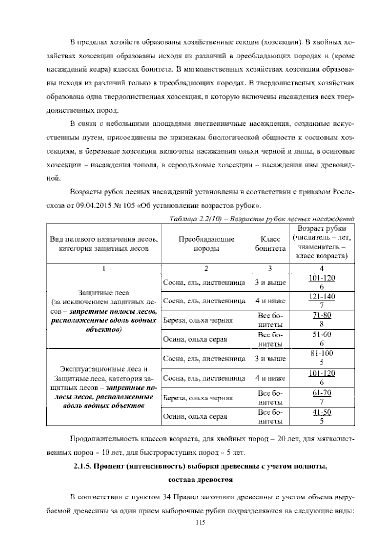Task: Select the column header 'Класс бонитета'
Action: (270, 244)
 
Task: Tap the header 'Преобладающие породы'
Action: (206, 244)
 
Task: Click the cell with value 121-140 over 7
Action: (322, 301)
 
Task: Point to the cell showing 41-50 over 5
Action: (322, 416)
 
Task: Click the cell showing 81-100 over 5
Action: (322, 358)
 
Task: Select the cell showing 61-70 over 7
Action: (322, 397)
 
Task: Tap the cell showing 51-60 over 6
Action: (322, 339)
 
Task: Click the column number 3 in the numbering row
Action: (270, 269)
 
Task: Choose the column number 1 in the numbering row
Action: (104, 269)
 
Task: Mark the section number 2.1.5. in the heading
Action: (82, 466)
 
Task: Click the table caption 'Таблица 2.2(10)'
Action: (194, 219)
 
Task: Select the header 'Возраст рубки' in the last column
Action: (322, 229)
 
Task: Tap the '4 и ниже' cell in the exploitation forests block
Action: (270, 378)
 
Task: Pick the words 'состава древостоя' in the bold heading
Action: (200, 480)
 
